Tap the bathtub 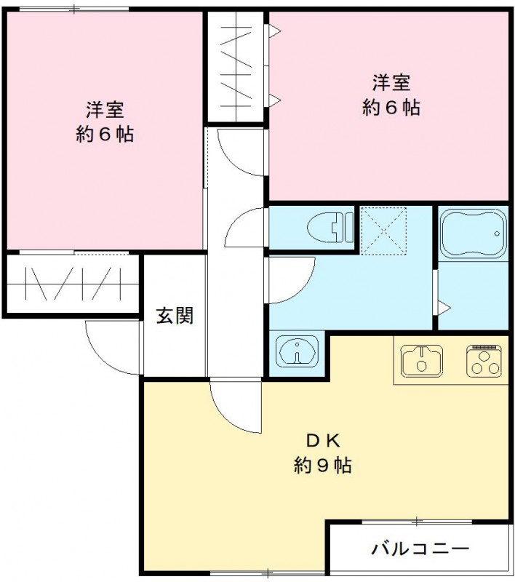click(474, 234)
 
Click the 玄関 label click(175, 316)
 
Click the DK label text click(323, 441)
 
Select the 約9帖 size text click(323, 465)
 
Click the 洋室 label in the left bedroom click(105, 110)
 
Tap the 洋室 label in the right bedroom click(392, 81)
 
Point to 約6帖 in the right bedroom click(392, 107)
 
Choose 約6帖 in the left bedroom click(105, 135)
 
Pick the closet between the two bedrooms click(235, 66)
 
